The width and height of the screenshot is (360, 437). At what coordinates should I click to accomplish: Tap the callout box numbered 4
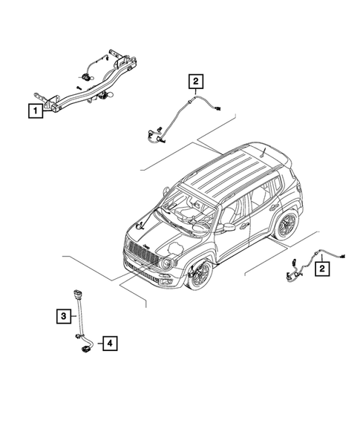click(108, 344)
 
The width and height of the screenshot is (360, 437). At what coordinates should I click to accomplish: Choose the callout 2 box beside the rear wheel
click(321, 269)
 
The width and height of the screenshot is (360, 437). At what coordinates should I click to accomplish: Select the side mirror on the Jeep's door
click(227, 226)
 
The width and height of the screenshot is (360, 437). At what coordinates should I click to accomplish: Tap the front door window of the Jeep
click(236, 206)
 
